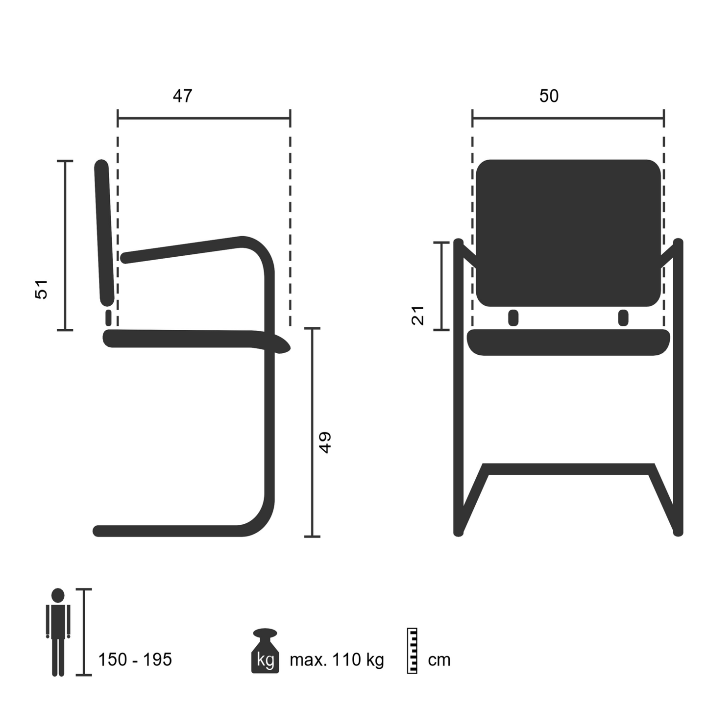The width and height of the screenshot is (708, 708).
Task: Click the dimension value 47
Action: pos(182,96)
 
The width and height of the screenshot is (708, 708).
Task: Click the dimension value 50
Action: pos(549,96)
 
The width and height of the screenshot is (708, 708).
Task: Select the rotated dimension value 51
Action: pos(42,289)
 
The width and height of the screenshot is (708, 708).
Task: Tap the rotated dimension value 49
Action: pos(325,442)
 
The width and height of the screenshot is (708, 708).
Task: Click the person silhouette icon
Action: pos(58,632)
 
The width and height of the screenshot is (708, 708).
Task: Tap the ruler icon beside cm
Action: pos(412,650)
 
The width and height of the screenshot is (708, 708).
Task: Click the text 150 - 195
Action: pos(135,659)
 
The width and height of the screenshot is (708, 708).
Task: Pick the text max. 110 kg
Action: pos(337,660)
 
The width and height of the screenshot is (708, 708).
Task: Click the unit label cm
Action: pos(439,660)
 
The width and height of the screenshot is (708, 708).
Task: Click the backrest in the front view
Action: pos(568,233)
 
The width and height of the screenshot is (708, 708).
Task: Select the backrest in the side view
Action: pos(104,233)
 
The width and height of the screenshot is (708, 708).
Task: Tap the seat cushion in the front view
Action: pos(568,342)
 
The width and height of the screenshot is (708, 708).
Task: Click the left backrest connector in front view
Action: pos(513,318)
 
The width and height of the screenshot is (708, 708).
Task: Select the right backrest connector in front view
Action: pos(623,318)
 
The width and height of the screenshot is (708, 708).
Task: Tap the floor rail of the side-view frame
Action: pos(167,531)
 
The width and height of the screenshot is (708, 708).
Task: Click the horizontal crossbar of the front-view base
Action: pos(568,469)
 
